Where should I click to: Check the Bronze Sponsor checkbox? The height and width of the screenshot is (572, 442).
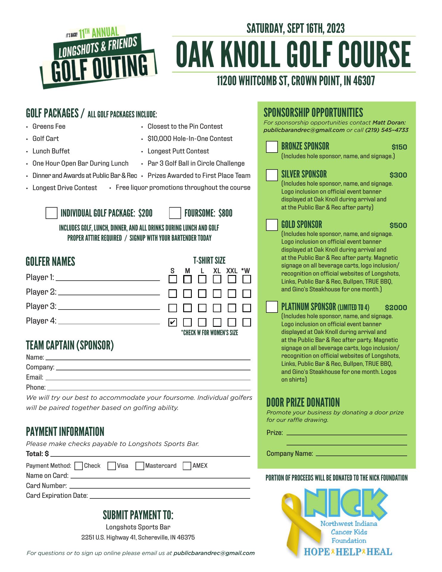pyautogui.click(x=272, y=147)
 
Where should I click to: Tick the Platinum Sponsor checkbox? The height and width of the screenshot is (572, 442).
pyautogui.click(x=272, y=307)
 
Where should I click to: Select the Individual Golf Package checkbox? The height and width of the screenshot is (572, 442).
pyautogui.click(x=52, y=213)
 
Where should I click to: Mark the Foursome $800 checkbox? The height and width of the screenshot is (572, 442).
pyautogui.click(x=175, y=213)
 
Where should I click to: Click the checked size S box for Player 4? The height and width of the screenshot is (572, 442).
pyautogui.click(x=173, y=322)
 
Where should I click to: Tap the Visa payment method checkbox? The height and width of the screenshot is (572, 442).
pyautogui.click(x=112, y=466)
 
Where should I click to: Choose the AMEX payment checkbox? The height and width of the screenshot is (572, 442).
pyautogui.click(x=187, y=466)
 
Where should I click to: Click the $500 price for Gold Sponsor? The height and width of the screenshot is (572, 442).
pyautogui.click(x=398, y=226)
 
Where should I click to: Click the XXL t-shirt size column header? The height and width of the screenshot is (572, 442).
pyautogui.click(x=232, y=271)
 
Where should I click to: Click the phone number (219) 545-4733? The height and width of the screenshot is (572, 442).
pyautogui.click(x=387, y=130)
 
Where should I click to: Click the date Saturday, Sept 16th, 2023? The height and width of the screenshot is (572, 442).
pyautogui.click(x=295, y=29)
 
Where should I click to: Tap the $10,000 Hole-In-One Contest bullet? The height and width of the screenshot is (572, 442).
pyautogui.click(x=190, y=139)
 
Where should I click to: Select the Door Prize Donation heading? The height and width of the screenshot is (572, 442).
pyautogui.click(x=303, y=402)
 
